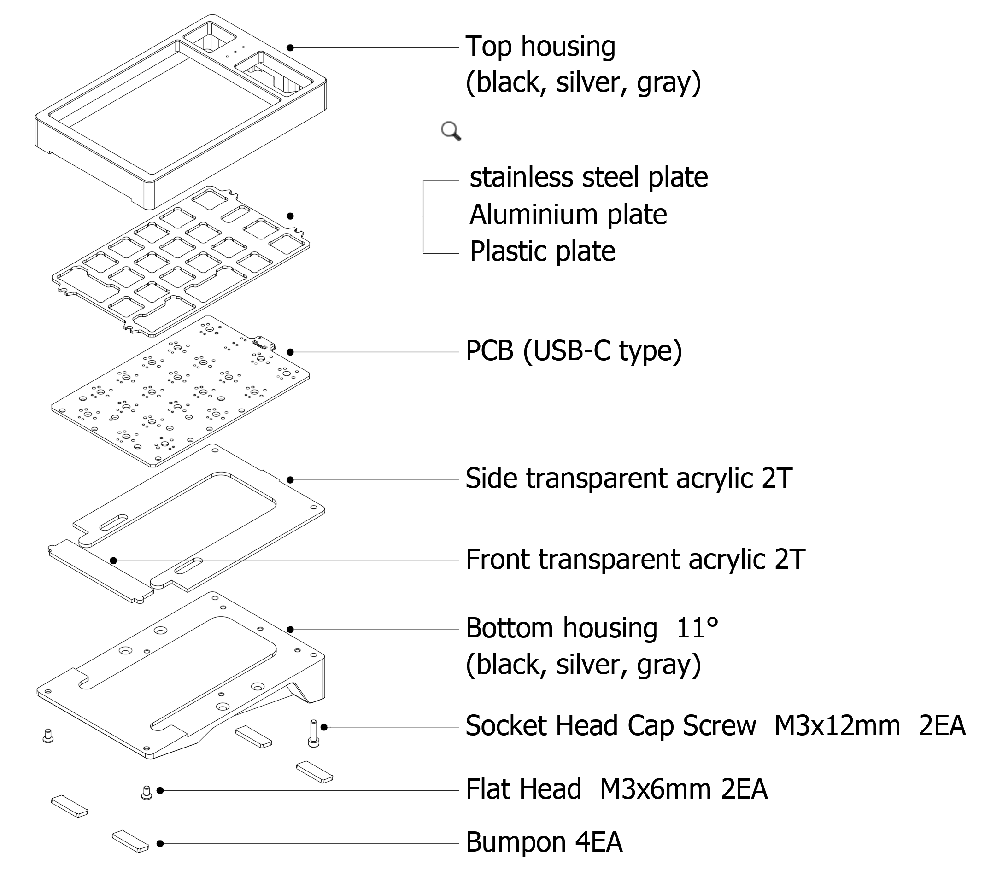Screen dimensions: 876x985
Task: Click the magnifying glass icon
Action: point(451,131)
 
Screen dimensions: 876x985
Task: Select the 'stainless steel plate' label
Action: point(588,177)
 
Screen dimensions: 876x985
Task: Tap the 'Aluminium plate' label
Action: point(568,215)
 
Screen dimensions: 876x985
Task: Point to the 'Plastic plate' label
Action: point(542,251)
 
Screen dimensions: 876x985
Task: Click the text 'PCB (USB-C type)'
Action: point(574,351)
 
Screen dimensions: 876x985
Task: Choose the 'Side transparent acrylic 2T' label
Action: point(628,479)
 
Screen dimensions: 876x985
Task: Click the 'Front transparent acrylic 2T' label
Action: point(635,560)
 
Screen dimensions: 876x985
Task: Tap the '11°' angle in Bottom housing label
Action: point(697,628)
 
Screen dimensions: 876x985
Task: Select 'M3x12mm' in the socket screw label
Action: point(837,726)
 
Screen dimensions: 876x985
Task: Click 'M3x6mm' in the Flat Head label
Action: point(655,789)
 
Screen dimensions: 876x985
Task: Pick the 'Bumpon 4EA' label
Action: point(544,842)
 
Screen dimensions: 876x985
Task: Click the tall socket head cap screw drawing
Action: point(313,733)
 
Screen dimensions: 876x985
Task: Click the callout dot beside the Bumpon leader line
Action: point(160,843)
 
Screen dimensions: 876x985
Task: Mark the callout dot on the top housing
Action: point(290,47)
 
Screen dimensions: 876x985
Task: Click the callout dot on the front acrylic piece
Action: point(113,561)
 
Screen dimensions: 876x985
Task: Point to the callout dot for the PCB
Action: point(290,352)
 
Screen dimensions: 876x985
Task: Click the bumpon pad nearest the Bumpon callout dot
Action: point(130,841)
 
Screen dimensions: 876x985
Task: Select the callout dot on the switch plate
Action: point(290,216)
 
